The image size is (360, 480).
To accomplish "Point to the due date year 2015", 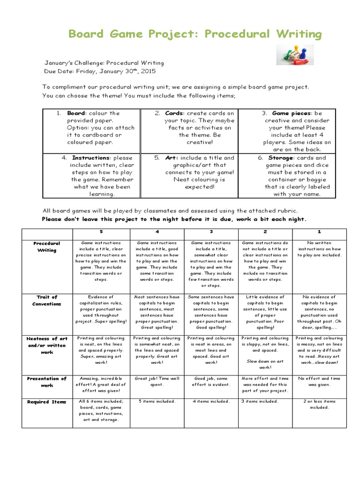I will point(146,72).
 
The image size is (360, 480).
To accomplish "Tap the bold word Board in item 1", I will point(76,113).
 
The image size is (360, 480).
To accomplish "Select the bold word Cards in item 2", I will point(174,113).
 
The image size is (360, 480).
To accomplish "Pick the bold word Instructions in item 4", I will point(90,158).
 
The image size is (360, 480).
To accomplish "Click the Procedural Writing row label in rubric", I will point(47,247).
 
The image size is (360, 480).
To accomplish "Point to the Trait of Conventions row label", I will point(47,300).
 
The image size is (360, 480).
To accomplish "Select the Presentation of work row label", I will point(47,382).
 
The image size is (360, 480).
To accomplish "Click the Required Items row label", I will point(47,402).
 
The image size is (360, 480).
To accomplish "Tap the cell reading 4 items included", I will point(211,402).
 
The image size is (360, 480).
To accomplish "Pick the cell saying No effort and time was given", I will point(319,382).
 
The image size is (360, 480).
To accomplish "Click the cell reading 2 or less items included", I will point(319,405).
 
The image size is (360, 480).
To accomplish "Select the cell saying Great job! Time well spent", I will point(156,382).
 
